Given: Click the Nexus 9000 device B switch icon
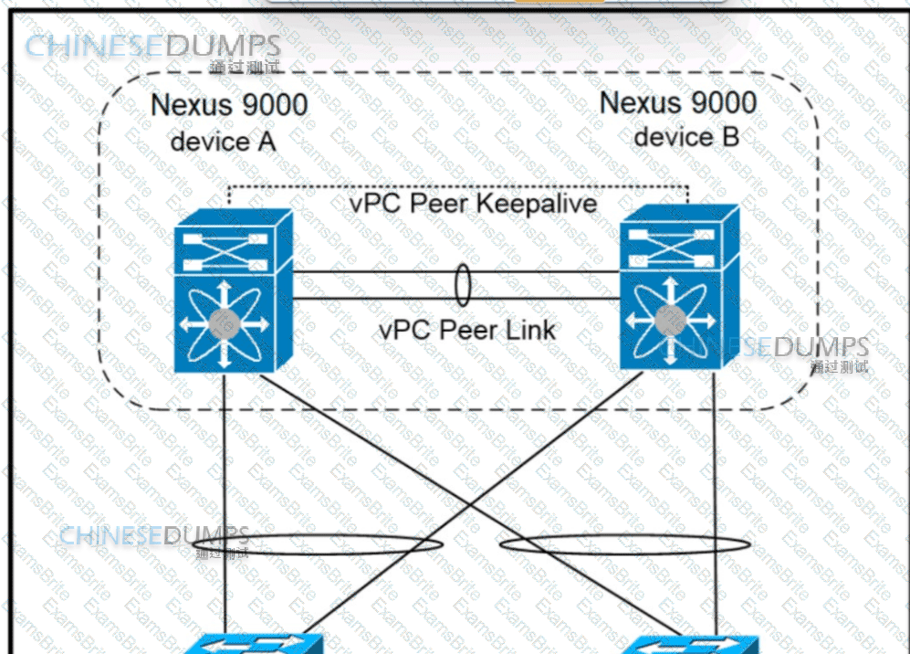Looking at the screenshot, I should point(680,288).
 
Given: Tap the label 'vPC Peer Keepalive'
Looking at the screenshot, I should point(473,202).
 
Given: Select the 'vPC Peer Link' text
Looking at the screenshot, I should point(467,329).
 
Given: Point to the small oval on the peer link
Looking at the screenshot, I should point(463,286).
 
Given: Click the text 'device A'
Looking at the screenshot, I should point(223,142).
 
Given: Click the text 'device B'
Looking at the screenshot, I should point(686,137).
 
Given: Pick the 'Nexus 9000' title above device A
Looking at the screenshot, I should point(229,105).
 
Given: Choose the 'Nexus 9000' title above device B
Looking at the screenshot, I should point(678,101).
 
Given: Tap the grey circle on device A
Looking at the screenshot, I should point(223,322).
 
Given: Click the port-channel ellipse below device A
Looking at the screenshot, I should point(333,545).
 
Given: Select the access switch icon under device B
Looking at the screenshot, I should point(690,644).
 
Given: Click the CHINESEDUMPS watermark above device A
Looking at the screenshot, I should point(152,46).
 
